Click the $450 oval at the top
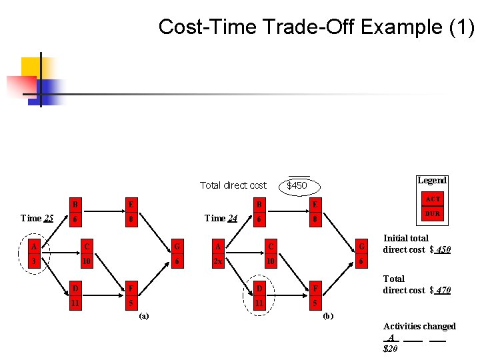click(x=297, y=185)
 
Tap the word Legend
click(x=431, y=180)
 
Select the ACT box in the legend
click(x=433, y=199)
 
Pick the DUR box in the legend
click(x=433, y=213)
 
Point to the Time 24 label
click(x=221, y=218)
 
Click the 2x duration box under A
click(x=218, y=262)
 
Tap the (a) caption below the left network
click(x=144, y=316)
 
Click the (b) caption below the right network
click(x=327, y=316)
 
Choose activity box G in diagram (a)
click(x=177, y=247)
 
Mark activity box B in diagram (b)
click(x=259, y=204)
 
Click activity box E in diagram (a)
click(x=131, y=204)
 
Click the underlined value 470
click(x=443, y=290)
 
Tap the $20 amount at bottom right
click(x=391, y=348)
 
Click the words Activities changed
click(x=419, y=326)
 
